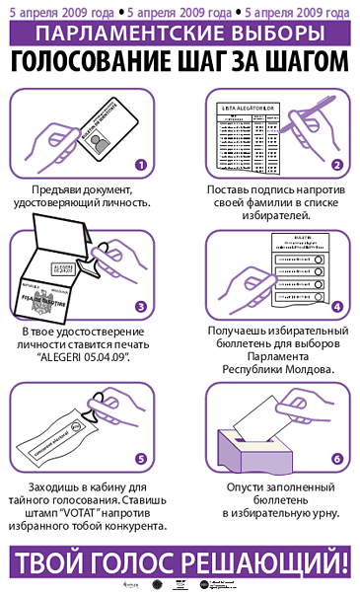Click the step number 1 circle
[141, 165]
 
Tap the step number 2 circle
[336, 165]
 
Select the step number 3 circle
[141, 307]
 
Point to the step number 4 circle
[336, 307]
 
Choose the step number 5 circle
[141, 459]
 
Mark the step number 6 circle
[336, 459]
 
